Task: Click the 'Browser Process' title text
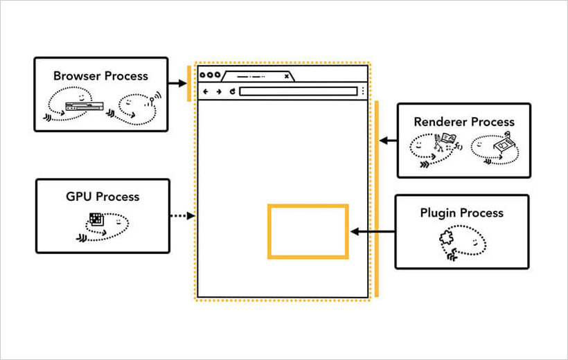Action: point(100,76)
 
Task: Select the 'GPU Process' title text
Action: point(103,197)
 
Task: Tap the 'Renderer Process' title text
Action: point(464,122)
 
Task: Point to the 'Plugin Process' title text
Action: point(461,213)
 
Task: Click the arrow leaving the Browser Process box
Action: point(177,83)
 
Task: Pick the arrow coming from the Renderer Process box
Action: point(388,141)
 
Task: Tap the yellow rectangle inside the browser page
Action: point(308,231)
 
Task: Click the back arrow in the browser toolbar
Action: point(206,91)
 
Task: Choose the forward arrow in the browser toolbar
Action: point(219,91)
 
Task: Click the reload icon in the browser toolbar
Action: point(233,91)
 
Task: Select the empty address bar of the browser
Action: point(298,91)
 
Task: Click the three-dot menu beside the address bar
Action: point(363,91)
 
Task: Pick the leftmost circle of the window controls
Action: point(203,75)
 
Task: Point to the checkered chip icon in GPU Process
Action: point(96,220)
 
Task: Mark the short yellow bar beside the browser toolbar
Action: point(188,83)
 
